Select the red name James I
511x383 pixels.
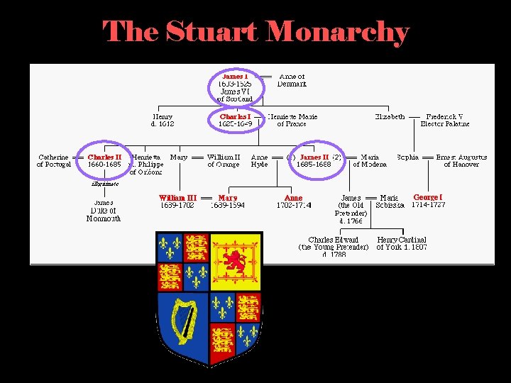click(x=235, y=76)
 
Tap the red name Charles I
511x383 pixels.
click(x=235, y=116)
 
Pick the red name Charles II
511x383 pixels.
click(x=104, y=157)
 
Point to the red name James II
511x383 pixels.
click(x=314, y=157)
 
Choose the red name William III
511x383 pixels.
click(x=177, y=198)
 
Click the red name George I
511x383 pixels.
click(x=428, y=196)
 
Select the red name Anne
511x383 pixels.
click(x=293, y=198)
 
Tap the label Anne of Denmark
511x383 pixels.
click(x=292, y=80)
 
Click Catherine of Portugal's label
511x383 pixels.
click(x=54, y=160)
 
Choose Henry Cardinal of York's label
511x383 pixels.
click(x=402, y=243)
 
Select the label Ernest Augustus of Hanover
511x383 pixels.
click(x=461, y=160)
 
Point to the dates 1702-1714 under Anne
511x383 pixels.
click(x=294, y=206)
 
